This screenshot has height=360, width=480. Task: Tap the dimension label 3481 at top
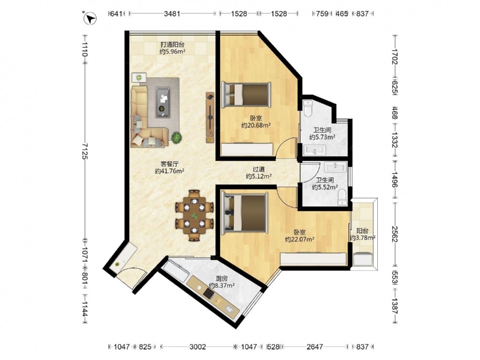[x=172, y=14]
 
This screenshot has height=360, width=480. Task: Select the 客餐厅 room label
[x=169, y=164]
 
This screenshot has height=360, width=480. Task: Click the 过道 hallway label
[x=259, y=169]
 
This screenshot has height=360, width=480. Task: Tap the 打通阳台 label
[x=172, y=44]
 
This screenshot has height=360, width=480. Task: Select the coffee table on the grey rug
[x=163, y=102]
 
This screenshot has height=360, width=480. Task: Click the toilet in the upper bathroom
[x=308, y=108]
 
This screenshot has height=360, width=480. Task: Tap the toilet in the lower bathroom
[x=341, y=197]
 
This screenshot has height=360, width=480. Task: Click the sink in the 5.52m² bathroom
[x=335, y=167]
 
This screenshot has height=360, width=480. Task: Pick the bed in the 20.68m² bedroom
[x=246, y=95]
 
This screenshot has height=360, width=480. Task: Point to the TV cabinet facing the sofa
[x=210, y=117]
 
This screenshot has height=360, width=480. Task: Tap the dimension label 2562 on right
[x=395, y=234]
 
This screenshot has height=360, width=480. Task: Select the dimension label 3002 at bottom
[x=197, y=347]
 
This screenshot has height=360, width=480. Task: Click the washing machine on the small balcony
[x=363, y=259]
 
